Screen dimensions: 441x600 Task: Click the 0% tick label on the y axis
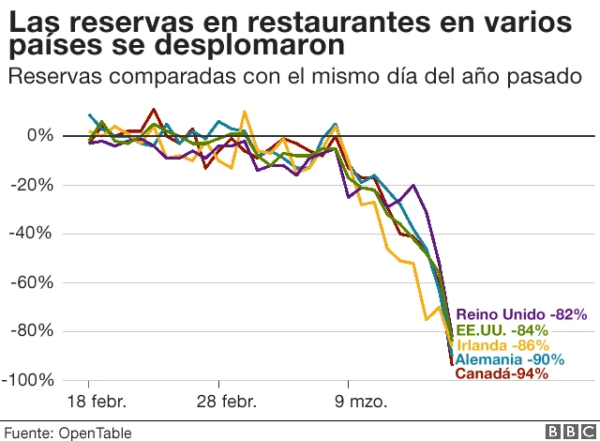pyautogui.click(x=39, y=136)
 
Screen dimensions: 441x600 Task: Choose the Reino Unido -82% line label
pyautogui.click(x=520, y=315)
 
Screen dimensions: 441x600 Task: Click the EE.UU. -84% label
pyautogui.click(x=502, y=330)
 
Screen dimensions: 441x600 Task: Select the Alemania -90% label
pyautogui.click(x=509, y=359)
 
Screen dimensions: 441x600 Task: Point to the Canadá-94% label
pyautogui.click(x=501, y=373)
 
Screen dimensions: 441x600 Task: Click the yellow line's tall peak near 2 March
pyautogui.click(x=245, y=112)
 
